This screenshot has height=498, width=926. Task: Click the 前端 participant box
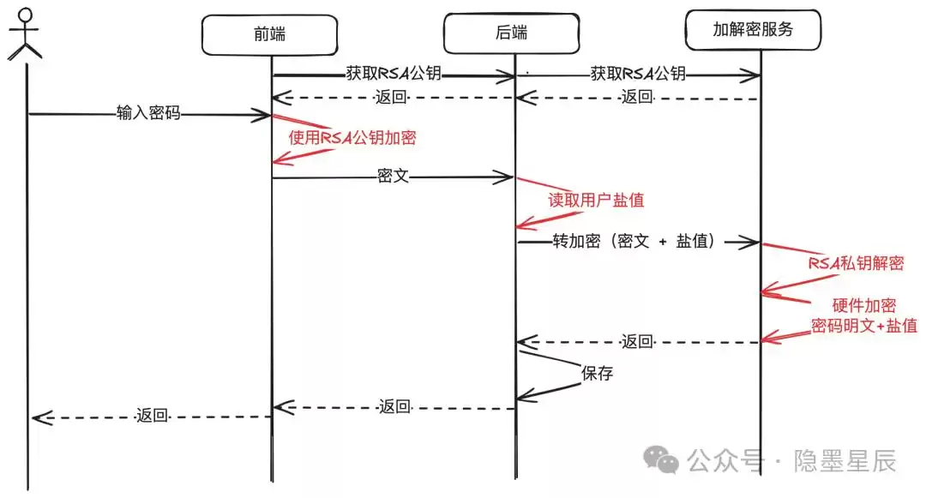point(271,33)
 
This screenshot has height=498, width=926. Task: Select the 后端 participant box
point(511,33)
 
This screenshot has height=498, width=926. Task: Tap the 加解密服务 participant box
point(754,29)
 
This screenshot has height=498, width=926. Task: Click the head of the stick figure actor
point(25,15)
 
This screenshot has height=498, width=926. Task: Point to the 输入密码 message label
point(148,113)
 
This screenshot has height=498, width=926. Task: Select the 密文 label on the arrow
point(393,177)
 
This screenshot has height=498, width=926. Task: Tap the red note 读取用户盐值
point(596,200)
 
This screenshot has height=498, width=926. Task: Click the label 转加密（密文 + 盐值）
point(634,243)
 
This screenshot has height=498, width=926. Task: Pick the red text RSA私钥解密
point(856,263)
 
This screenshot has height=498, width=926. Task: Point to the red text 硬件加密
point(863,306)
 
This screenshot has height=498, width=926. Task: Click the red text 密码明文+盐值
point(864,326)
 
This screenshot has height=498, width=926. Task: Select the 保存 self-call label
point(598,374)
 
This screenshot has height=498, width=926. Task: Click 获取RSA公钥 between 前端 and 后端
point(394,74)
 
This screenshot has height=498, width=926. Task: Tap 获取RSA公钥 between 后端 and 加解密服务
point(638,74)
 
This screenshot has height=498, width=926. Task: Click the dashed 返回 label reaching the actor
point(152,417)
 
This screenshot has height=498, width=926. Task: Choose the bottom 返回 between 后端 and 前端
point(394,406)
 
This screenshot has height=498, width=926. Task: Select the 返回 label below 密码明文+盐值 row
point(638,342)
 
